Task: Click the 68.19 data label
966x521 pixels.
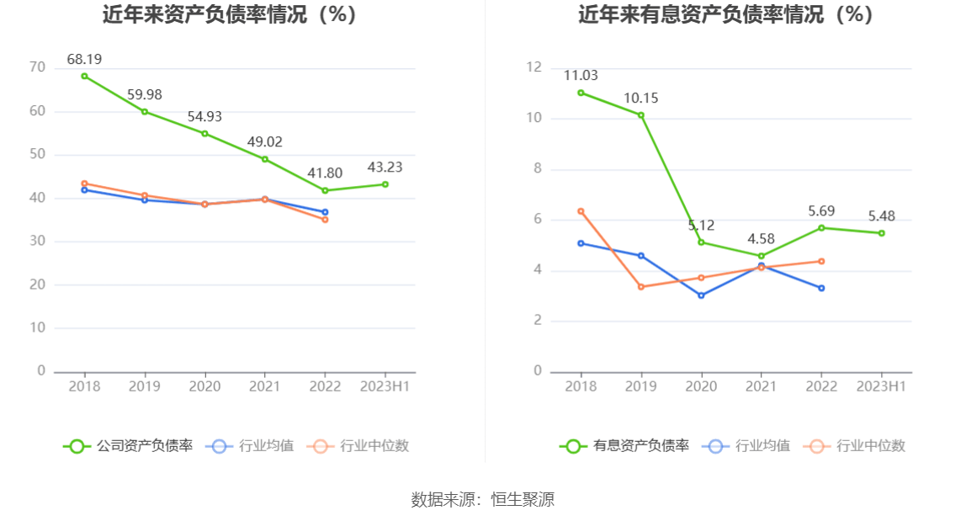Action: [x=84, y=59]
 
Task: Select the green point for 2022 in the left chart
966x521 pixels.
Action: [x=325, y=190]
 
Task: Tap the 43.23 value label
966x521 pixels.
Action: [x=385, y=167]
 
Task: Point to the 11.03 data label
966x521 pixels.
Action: [x=581, y=76]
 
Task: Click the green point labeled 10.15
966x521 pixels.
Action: [x=640, y=115]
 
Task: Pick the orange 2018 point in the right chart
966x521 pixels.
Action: [x=581, y=211]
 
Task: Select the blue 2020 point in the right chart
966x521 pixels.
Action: [x=701, y=295]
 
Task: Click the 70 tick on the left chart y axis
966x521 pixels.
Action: [x=37, y=67]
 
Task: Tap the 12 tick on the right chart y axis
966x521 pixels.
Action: [x=533, y=67]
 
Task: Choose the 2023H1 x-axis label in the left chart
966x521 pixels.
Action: [x=385, y=386]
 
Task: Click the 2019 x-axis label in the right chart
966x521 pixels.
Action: [x=640, y=386]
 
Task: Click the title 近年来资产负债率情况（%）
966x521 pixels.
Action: [x=230, y=14]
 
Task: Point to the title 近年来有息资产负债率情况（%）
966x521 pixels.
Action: [x=726, y=14]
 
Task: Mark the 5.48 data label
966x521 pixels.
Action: [x=881, y=216]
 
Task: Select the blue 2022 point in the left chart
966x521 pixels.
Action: [x=325, y=212]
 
